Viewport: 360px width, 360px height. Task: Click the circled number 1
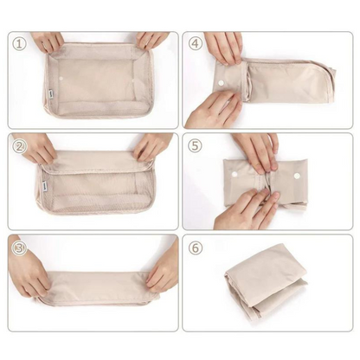pos(19,44)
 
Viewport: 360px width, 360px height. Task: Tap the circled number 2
pos(19,146)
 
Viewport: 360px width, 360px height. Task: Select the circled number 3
pos(19,248)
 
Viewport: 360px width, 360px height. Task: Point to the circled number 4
pos(196,43)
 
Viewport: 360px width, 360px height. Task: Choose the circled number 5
pos(196,145)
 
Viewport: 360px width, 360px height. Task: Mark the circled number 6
pos(196,247)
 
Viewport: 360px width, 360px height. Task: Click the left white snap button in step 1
pos(61,79)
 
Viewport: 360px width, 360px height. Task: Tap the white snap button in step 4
pos(222,83)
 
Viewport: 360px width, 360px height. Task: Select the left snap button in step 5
pos(235,175)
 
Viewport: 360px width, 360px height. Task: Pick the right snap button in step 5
pos(297,176)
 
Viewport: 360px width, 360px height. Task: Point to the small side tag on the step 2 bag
pos(45,184)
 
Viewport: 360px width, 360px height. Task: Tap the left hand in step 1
pos(48,42)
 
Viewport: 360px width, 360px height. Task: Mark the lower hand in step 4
pos(214,110)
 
